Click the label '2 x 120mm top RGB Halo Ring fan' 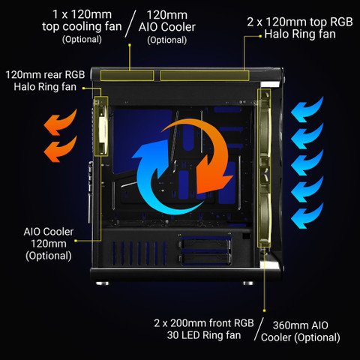(300, 28)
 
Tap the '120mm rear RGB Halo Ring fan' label (45, 81)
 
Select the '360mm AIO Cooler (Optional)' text (300, 331)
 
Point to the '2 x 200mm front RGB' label (204, 323)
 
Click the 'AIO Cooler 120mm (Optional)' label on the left (49, 244)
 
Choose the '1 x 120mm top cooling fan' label (82, 26)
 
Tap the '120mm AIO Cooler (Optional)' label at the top (167, 27)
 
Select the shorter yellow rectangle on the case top (127, 76)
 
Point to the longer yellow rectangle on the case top (205, 76)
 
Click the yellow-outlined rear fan (101, 126)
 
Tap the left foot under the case (102, 283)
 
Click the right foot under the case (248, 283)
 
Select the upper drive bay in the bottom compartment (205, 243)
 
